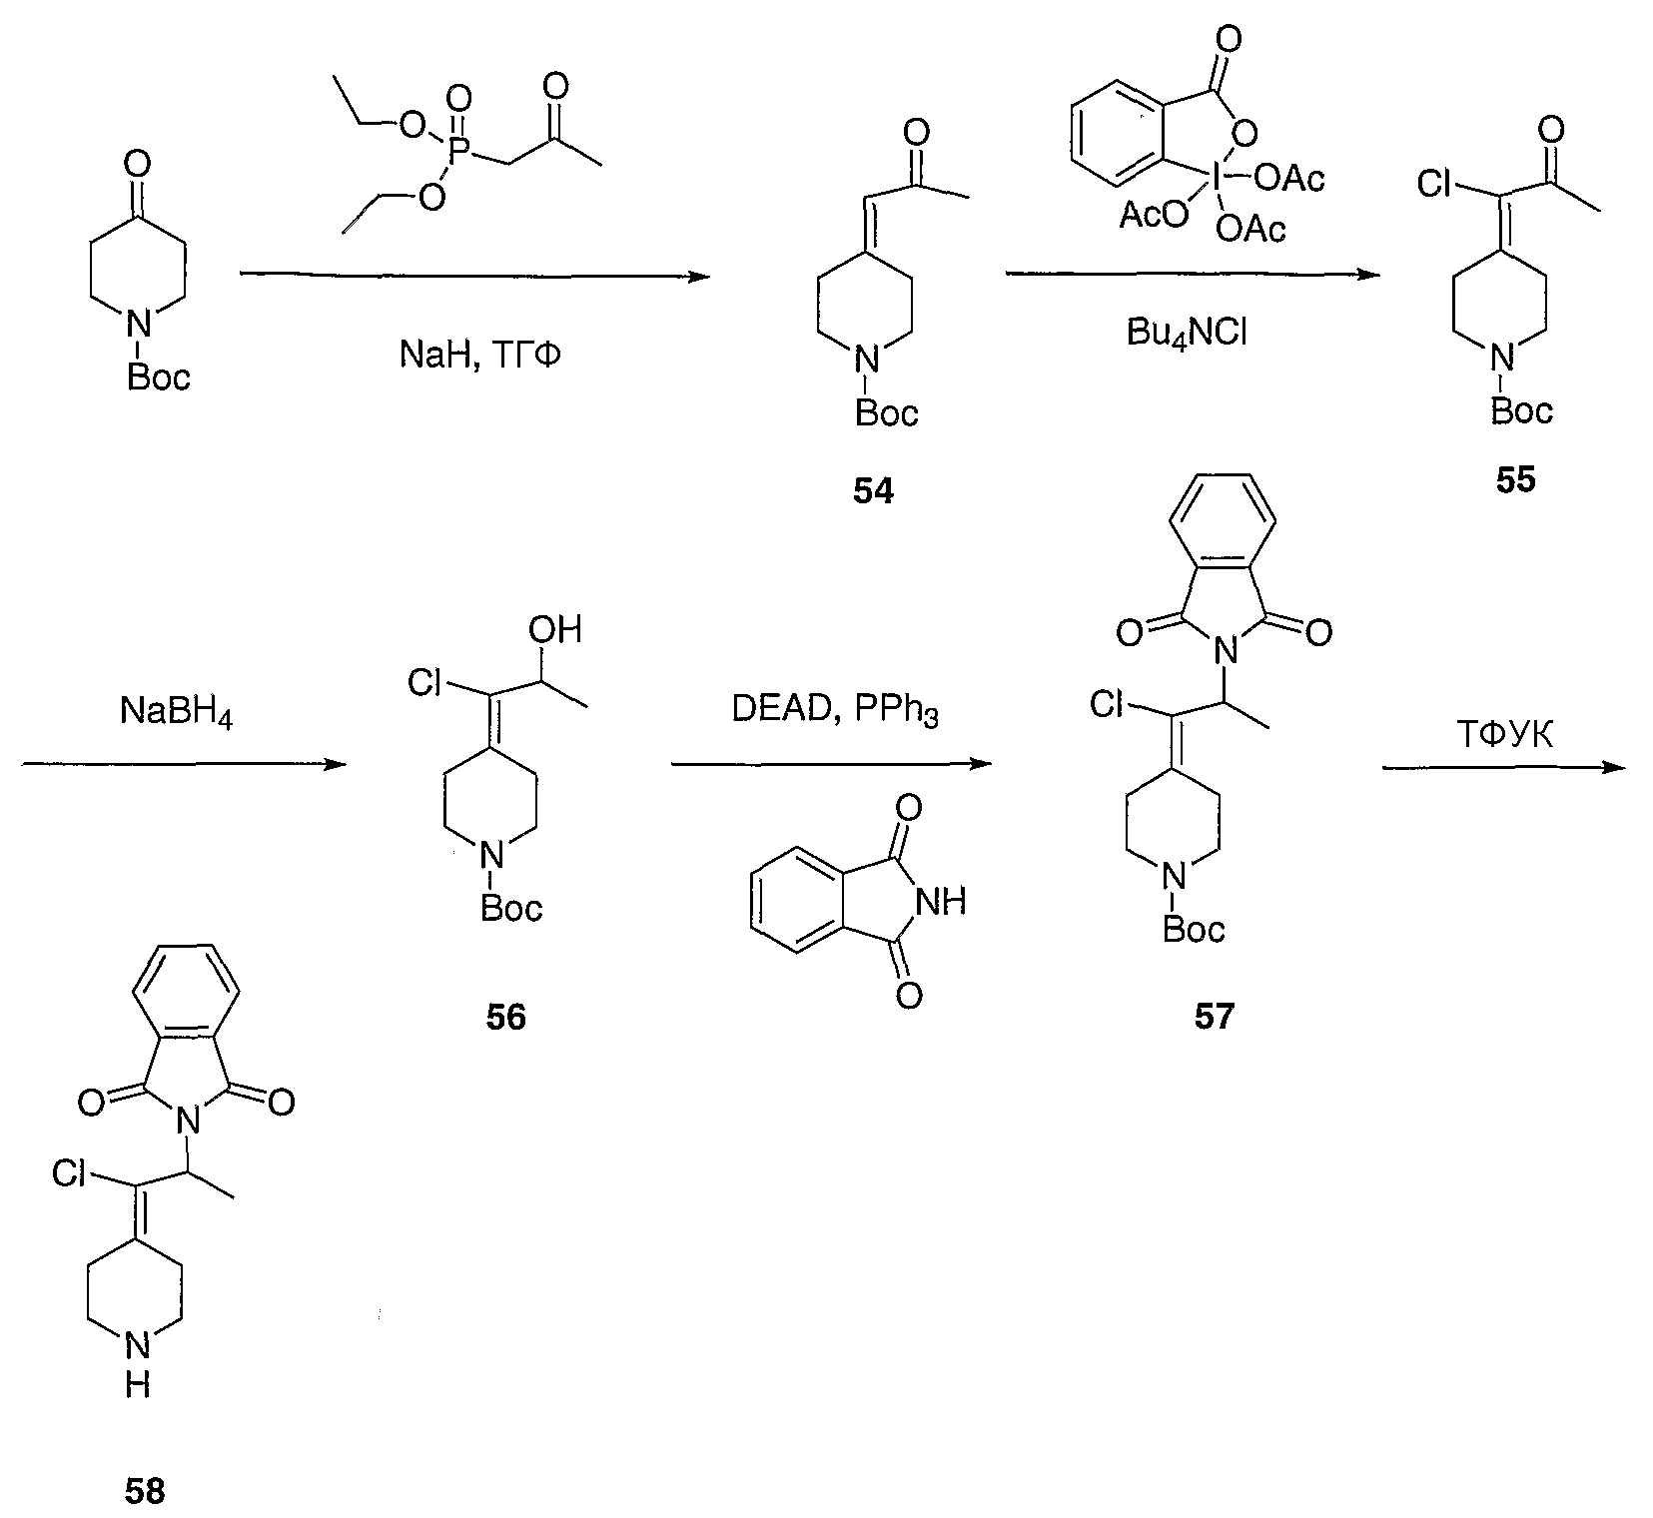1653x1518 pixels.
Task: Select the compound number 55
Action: click(1515, 480)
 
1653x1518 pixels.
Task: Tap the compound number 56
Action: click(506, 1017)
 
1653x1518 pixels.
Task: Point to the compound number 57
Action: click(1214, 1017)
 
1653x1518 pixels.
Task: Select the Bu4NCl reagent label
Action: click(1187, 333)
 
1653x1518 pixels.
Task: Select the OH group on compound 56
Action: click(556, 629)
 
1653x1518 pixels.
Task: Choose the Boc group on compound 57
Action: click(1193, 929)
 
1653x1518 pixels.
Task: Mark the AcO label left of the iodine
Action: click(1153, 216)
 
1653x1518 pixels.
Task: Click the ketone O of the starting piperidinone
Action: click(139, 162)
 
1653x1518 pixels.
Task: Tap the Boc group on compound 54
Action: click(887, 412)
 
